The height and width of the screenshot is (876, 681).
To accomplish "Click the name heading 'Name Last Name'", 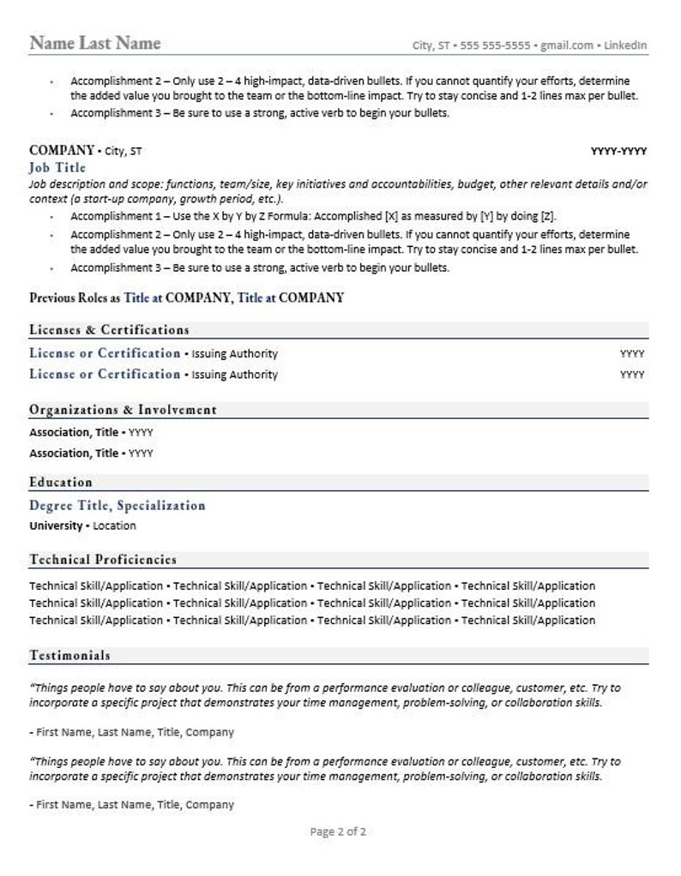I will coord(94,43).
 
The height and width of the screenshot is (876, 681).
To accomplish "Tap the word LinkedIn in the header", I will coord(628,45).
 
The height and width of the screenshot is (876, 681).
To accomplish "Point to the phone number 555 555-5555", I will coord(496,45).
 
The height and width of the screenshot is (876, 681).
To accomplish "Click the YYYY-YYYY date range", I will coord(618,152).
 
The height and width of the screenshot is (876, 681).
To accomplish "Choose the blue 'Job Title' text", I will coord(57,167).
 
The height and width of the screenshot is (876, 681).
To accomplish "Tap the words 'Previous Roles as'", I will coord(75,298).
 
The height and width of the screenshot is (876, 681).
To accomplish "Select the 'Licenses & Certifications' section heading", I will coord(109,330).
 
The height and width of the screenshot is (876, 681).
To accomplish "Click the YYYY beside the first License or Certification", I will coord(631,354).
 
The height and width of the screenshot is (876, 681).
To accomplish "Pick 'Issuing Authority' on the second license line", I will coord(234,375).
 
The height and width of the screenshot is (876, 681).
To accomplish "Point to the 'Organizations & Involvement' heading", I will coord(123,410).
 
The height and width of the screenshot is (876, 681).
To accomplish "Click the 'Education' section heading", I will coord(60,482).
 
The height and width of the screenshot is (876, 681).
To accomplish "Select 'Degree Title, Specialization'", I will coord(118,506).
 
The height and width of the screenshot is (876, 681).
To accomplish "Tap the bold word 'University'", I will coord(56,525).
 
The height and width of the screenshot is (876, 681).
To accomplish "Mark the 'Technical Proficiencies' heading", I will coord(103,560).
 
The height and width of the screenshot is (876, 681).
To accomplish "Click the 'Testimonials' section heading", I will coord(69,656).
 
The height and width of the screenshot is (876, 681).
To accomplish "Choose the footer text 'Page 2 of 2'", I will coord(338,831).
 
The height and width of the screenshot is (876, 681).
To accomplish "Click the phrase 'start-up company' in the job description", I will coord(110,199).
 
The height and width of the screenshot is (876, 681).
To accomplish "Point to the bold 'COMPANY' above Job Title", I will coord(61,151).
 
